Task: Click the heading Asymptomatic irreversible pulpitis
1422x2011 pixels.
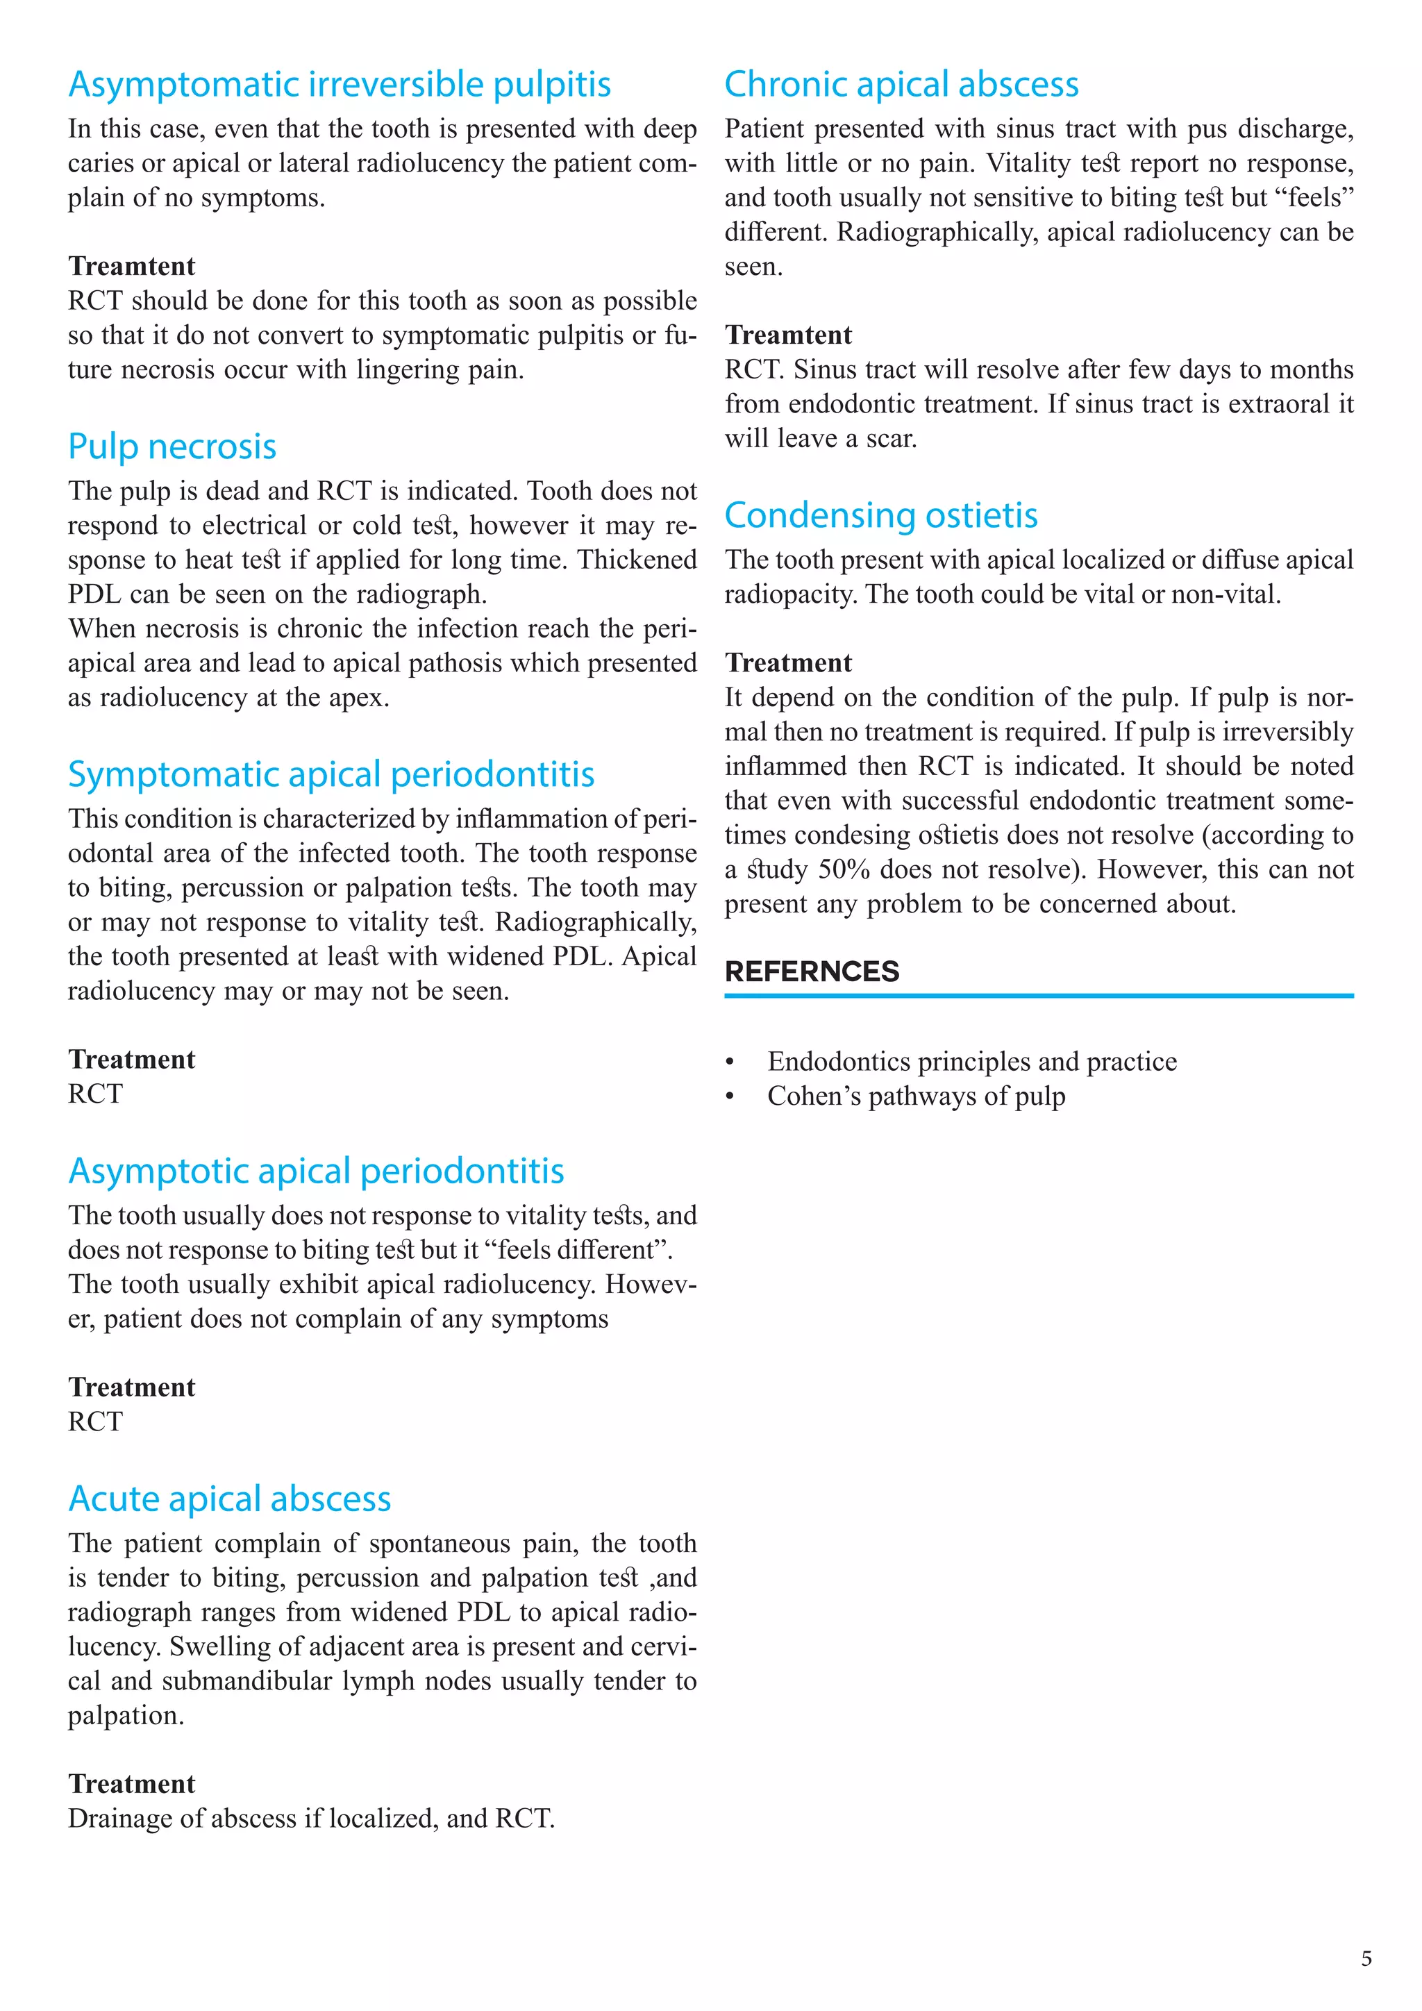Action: click(x=339, y=85)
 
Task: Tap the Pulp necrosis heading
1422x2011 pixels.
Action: click(x=172, y=447)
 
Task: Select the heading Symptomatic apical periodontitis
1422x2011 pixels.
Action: click(x=331, y=774)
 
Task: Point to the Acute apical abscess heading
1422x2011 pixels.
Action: click(x=229, y=1499)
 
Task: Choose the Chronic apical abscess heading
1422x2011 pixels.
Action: click(x=901, y=85)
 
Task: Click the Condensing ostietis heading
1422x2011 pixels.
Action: click(x=881, y=515)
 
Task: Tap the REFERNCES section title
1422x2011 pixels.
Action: click(x=812, y=971)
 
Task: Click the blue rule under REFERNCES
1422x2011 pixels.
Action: click(x=1039, y=996)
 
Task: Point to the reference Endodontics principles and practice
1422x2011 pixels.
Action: click(x=972, y=1062)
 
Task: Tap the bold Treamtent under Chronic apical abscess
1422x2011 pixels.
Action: click(x=788, y=335)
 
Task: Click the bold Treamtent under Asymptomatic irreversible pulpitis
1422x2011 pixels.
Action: click(x=131, y=266)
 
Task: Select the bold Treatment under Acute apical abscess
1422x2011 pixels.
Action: click(x=131, y=1784)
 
